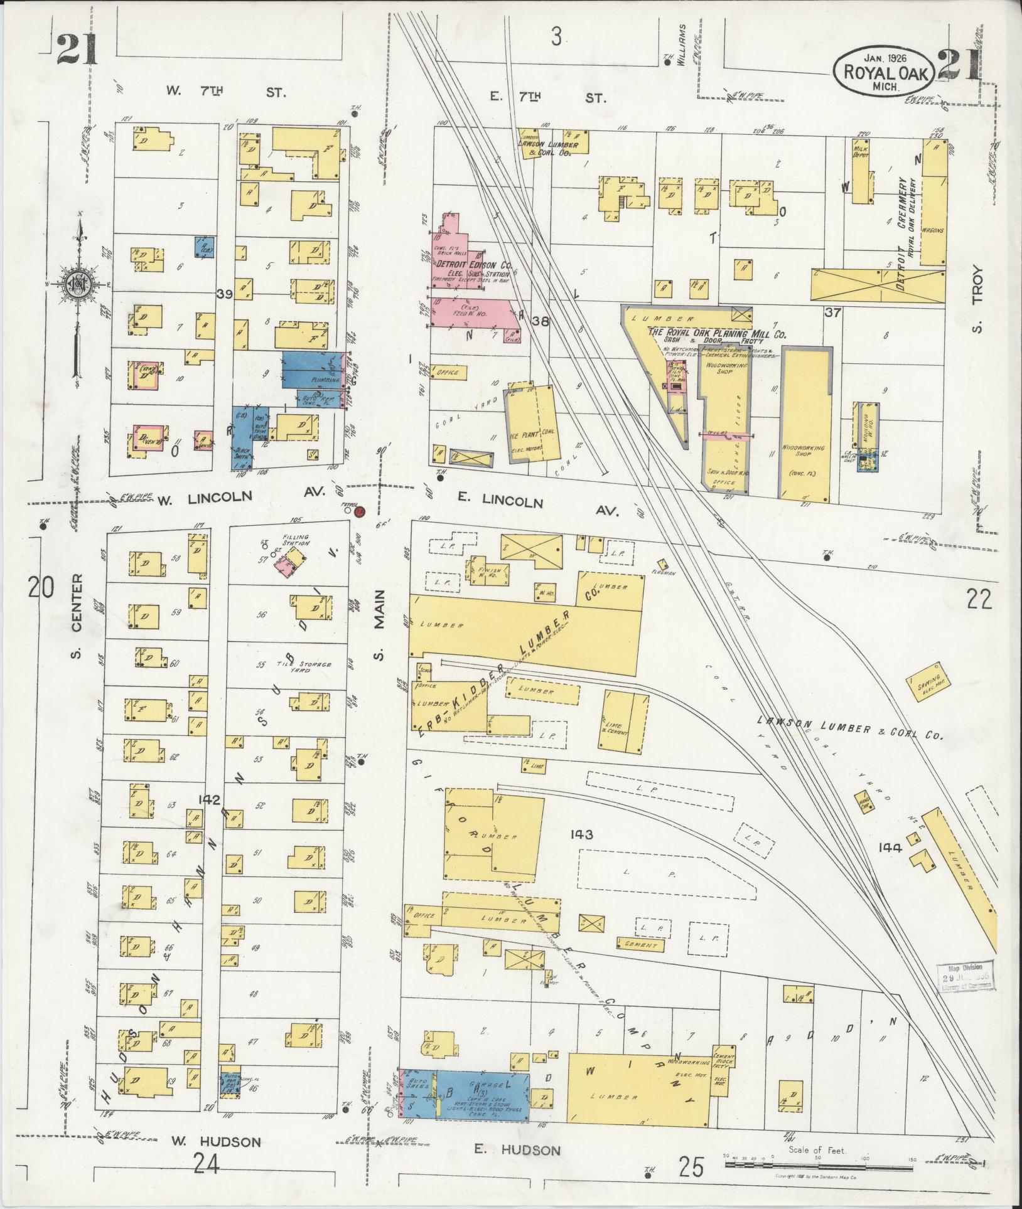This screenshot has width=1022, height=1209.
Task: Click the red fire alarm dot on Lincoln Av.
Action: (x=359, y=512)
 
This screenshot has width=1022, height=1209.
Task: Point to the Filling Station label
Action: (x=296, y=540)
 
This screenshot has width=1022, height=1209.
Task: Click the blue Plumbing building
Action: (x=312, y=370)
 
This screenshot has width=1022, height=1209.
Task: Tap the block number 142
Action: (x=208, y=800)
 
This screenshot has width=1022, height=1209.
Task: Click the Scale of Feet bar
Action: (x=817, y=1164)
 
